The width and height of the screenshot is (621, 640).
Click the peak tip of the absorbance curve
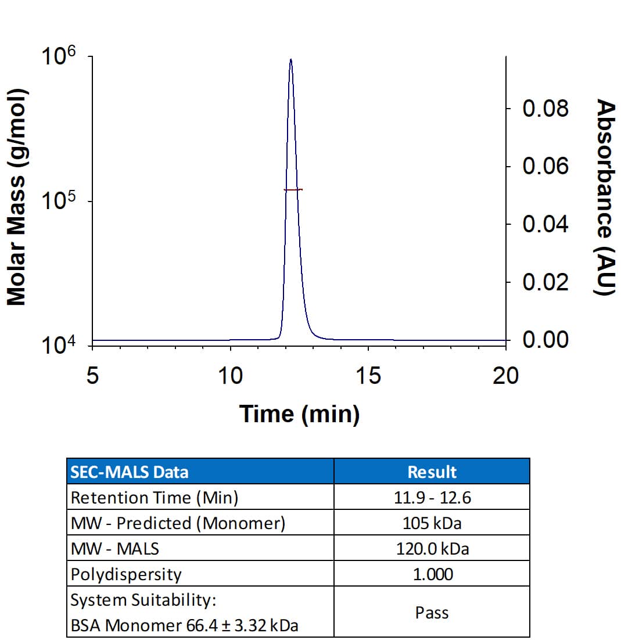point(290,59)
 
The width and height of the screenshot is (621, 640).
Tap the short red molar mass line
point(293,189)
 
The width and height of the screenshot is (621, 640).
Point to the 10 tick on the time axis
point(230,376)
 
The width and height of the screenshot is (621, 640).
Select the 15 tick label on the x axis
point(368,376)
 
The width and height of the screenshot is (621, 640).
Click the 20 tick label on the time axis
point(505,376)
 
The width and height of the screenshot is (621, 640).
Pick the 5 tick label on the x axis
point(92,376)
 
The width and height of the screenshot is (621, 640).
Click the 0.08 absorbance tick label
point(545,109)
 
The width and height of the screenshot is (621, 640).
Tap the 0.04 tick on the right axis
point(545,224)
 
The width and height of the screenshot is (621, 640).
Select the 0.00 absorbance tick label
point(545,339)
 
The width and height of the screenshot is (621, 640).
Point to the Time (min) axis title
point(299,414)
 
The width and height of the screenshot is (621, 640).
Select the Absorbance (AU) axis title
point(606,197)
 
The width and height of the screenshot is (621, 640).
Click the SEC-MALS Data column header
point(129,472)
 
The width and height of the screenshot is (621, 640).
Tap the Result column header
point(432,472)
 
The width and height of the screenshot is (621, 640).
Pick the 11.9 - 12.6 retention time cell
point(432,498)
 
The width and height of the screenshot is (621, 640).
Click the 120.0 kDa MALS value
point(432,548)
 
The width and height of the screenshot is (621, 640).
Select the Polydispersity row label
point(126,574)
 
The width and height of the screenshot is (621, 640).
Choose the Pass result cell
point(432,612)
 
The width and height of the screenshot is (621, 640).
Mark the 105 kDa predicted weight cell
point(432,523)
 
